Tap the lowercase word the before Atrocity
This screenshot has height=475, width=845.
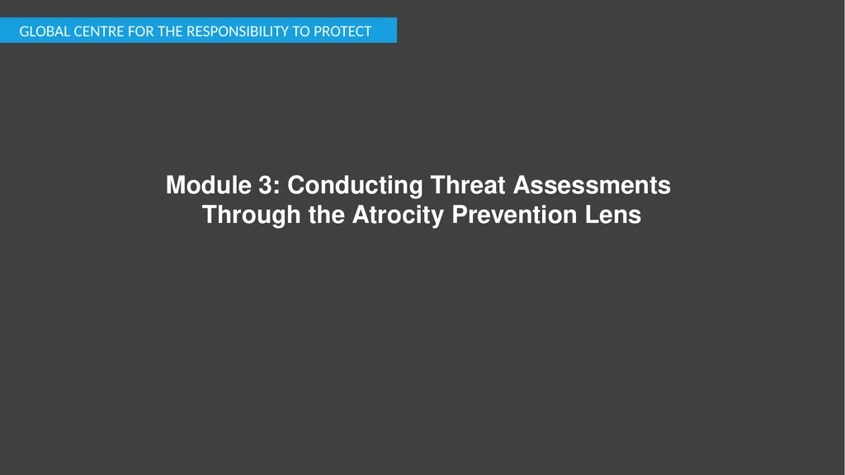[328, 215]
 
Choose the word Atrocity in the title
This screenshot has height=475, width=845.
[399, 215]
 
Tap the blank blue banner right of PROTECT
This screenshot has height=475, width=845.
[385, 31]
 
